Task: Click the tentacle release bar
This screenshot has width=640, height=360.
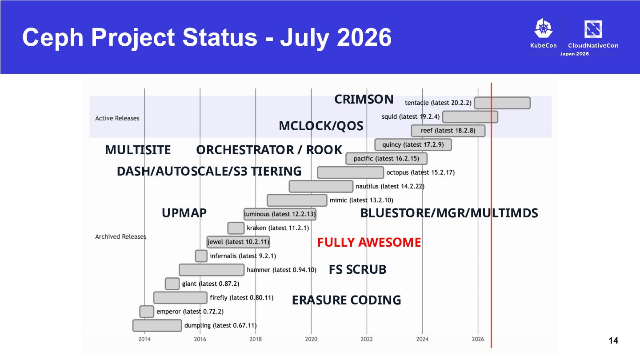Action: (502, 103)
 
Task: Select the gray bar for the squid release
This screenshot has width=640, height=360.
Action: (470, 117)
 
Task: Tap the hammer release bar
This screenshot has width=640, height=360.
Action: (212, 270)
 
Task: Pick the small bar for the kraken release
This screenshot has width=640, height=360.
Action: (236, 228)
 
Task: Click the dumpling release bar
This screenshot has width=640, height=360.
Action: (157, 325)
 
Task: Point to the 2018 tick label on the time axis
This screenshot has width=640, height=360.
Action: (256, 339)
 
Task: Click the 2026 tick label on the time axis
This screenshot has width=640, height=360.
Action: (478, 339)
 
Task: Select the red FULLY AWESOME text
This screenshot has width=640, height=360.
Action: (369, 242)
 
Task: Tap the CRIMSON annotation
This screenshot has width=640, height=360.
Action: (364, 100)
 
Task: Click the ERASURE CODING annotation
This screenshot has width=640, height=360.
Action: (347, 300)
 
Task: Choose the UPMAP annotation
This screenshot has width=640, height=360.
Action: (184, 213)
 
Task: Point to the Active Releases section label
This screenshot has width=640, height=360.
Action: (117, 118)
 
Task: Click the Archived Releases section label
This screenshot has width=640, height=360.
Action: (120, 236)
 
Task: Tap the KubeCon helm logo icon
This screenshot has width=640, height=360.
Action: (544, 28)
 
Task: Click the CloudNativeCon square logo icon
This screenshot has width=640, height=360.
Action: (593, 29)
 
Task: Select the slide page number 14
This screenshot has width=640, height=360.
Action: (613, 340)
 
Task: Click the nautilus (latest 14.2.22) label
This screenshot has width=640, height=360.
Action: (390, 187)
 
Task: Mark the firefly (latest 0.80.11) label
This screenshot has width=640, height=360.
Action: (242, 298)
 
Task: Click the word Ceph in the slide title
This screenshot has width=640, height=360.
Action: (53, 38)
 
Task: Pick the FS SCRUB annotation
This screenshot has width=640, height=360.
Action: (358, 270)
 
